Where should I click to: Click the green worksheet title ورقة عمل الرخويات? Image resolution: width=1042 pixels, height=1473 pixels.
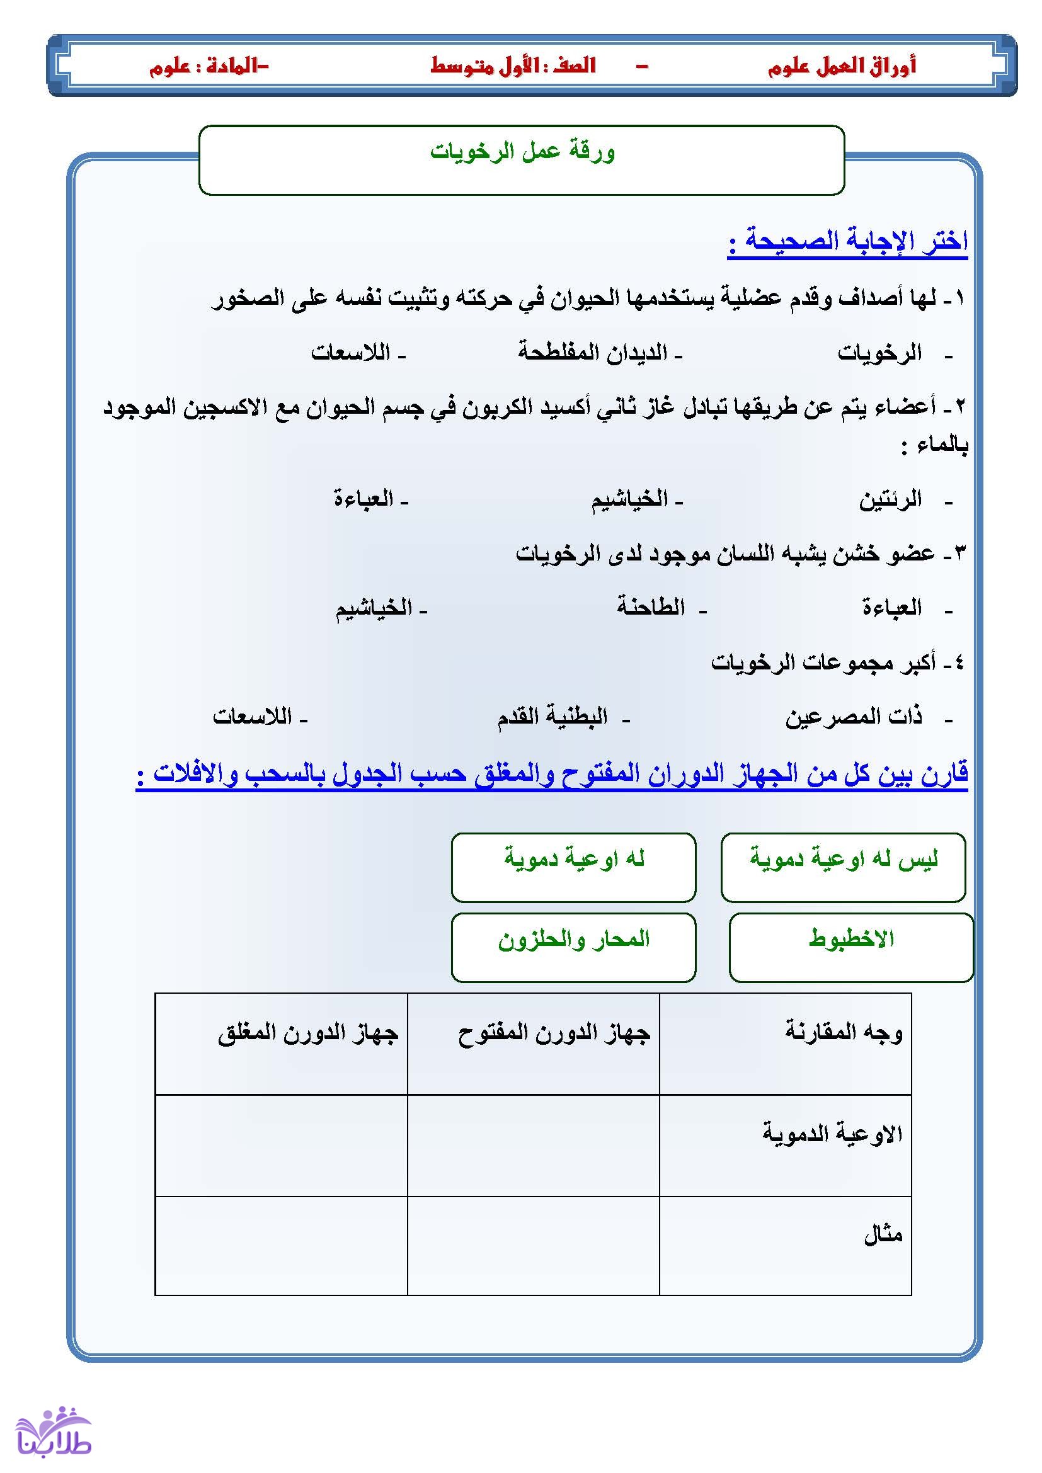click(522, 152)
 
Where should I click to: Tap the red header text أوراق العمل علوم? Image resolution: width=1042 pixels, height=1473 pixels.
click(841, 66)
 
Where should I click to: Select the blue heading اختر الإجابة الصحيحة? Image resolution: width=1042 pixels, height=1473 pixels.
click(847, 242)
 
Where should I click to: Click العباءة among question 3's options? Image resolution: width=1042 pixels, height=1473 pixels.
click(891, 606)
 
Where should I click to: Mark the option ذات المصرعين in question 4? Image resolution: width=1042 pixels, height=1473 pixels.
click(854, 717)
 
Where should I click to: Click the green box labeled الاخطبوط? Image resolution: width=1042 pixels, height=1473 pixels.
click(850, 947)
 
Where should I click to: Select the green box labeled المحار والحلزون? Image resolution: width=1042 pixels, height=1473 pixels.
click(574, 947)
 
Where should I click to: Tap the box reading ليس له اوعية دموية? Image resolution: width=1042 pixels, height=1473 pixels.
click(843, 867)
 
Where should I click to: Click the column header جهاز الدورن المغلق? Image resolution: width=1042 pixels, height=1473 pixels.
click(308, 1033)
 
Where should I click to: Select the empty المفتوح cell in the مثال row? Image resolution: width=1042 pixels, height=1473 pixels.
click(533, 1245)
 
